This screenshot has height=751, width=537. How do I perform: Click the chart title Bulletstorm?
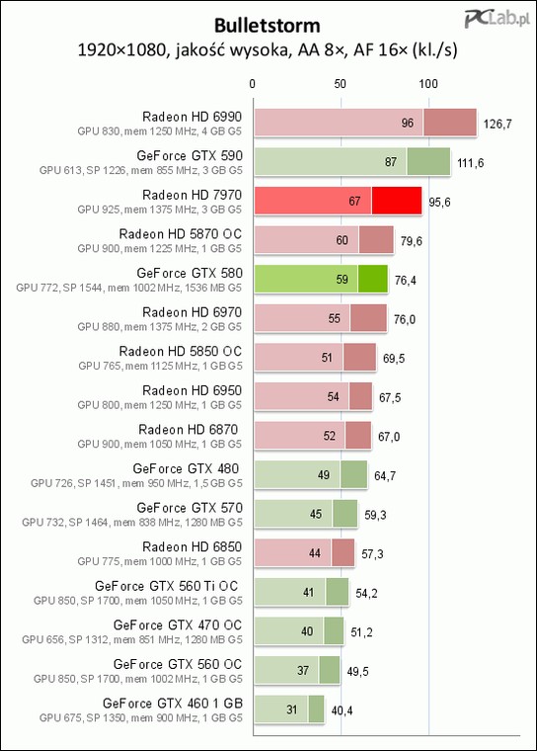point(268,26)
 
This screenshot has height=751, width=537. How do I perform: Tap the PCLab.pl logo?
point(498,19)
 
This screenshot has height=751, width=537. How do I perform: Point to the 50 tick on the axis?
point(341,84)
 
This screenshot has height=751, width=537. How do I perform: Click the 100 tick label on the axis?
point(428,84)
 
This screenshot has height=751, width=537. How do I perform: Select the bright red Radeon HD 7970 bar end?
point(397,201)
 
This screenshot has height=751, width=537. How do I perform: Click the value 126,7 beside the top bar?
point(498,125)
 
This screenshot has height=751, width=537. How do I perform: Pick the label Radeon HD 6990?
point(192,117)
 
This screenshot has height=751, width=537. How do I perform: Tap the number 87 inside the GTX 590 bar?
point(391,162)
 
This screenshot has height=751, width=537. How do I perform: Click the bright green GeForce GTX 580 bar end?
point(373,279)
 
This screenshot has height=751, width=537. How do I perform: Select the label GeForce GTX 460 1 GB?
point(173,704)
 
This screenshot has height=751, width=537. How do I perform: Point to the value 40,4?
point(342,710)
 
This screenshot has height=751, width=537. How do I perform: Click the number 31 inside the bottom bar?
point(292,709)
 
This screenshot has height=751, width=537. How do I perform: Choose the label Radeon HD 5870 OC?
point(181,234)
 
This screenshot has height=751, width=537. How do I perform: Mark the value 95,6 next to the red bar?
point(439,203)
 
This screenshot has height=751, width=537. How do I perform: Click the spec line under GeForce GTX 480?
point(136,483)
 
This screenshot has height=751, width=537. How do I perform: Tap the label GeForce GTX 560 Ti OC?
point(166,586)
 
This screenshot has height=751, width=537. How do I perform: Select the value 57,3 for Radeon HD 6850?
point(372,554)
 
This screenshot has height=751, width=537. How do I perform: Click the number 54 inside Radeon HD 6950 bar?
point(333,396)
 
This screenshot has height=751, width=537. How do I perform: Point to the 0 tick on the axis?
point(253,84)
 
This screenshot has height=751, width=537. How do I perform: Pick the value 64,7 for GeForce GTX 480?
point(385,476)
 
